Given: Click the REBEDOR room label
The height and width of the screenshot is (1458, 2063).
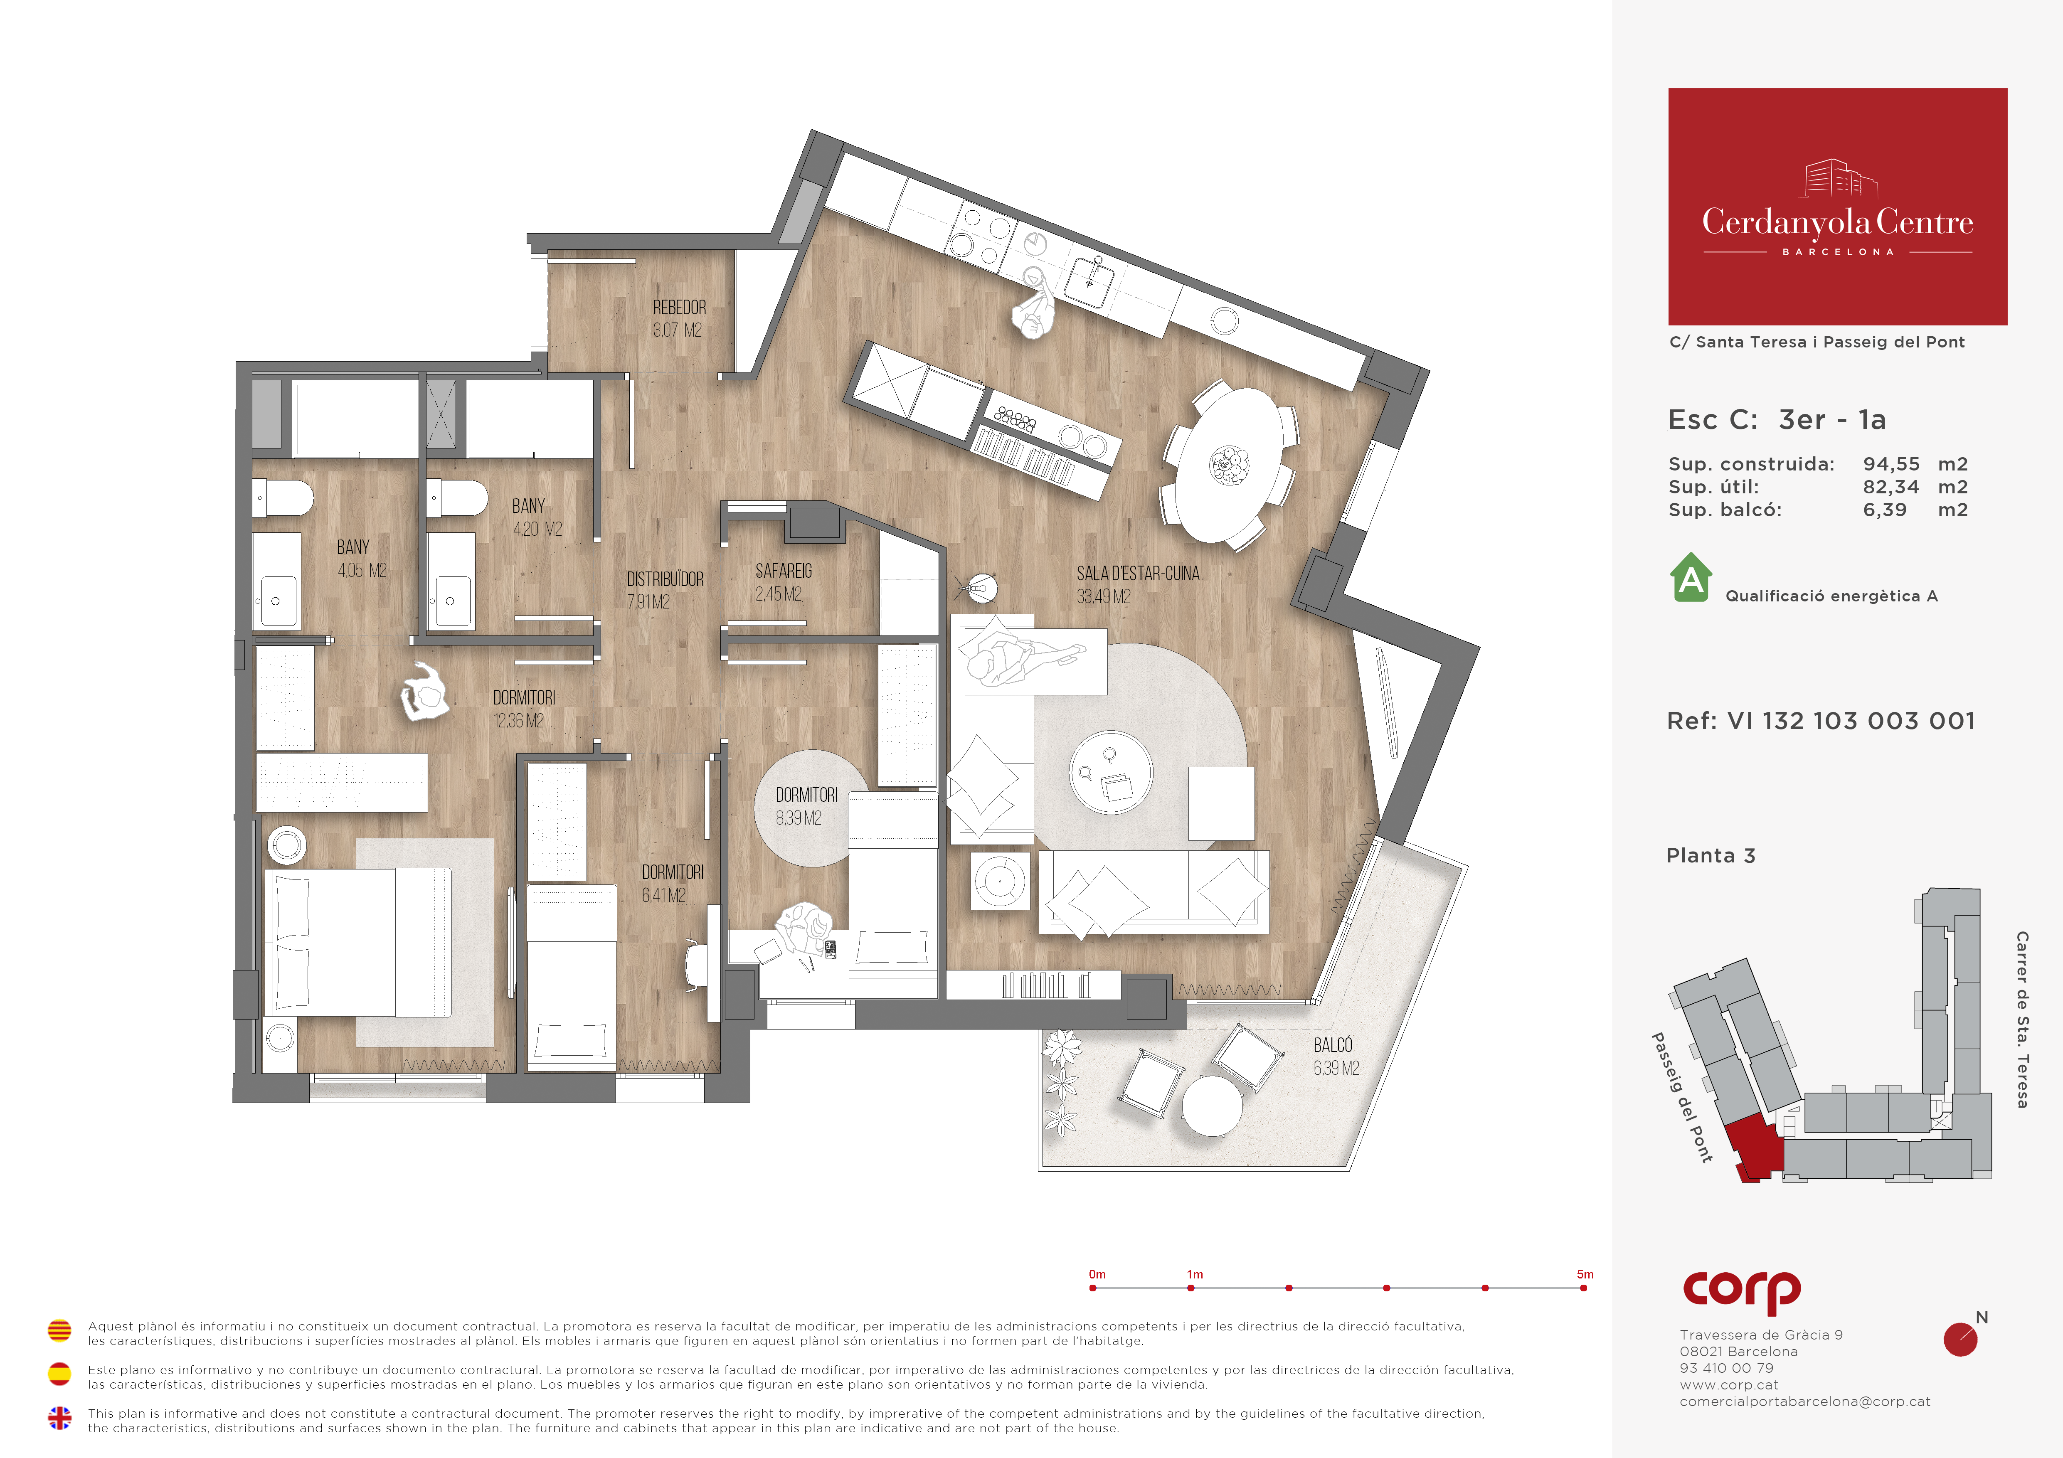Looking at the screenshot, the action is click(x=679, y=307).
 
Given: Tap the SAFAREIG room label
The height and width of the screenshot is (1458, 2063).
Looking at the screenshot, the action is click(x=784, y=571).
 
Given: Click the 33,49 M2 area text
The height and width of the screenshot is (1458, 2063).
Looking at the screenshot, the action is click(x=1103, y=596).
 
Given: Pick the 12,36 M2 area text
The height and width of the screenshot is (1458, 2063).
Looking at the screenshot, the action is click(x=518, y=720).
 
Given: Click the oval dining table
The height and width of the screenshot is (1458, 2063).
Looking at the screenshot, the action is click(x=1230, y=464).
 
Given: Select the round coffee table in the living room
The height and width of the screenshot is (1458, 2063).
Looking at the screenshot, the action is click(x=1111, y=772).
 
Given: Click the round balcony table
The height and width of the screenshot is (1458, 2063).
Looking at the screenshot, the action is click(x=1212, y=1106).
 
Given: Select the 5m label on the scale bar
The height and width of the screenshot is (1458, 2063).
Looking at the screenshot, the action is click(x=1585, y=1274).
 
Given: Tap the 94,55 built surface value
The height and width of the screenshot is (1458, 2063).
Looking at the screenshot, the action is click(x=1891, y=464).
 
